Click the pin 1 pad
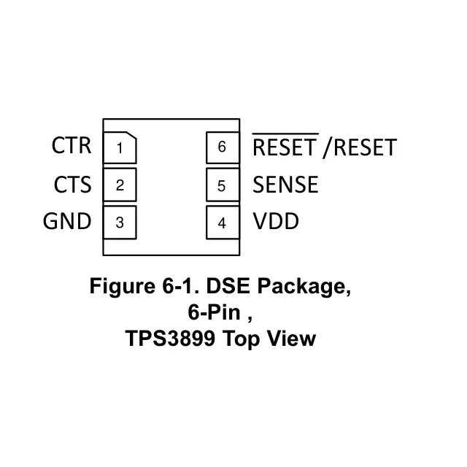(120, 148)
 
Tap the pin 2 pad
(120, 185)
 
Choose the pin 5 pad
(222, 185)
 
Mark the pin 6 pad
(222, 148)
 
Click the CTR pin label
(72, 146)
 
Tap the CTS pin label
(72, 185)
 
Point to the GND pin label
(67, 222)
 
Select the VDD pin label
(276, 222)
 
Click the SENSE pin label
(285, 185)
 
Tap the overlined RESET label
(285, 148)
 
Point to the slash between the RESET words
(326, 148)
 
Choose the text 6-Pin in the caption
(210, 312)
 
